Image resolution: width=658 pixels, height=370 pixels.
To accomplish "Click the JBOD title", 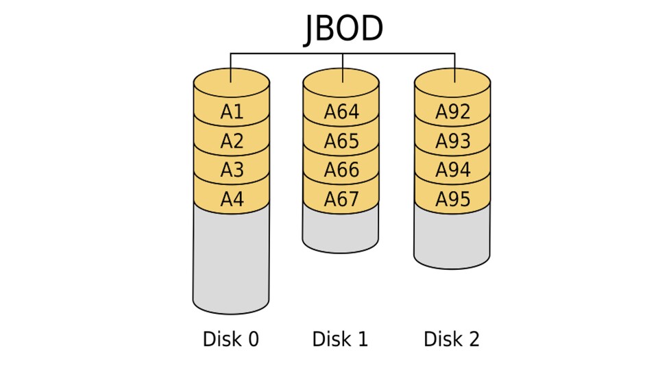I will (x=343, y=29).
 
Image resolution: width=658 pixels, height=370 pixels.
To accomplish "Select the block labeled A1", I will (x=232, y=112).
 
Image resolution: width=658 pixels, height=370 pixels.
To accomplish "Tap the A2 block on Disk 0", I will (x=232, y=142).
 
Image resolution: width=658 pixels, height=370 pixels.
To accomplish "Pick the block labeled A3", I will (x=232, y=171).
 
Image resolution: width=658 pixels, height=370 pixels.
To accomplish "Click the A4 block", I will (x=232, y=200).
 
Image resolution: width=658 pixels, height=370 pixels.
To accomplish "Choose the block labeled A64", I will (x=341, y=112).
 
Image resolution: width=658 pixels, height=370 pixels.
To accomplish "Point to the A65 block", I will (x=341, y=142).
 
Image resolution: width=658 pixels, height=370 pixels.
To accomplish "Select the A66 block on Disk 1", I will (x=341, y=171).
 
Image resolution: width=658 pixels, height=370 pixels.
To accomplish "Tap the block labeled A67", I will (x=341, y=200).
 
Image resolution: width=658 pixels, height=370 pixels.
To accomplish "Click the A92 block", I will (x=452, y=112).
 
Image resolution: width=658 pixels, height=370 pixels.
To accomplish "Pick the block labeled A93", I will (x=452, y=142).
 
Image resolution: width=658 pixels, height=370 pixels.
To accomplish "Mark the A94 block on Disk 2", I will (x=452, y=171).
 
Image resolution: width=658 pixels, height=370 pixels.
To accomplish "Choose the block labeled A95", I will (x=452, y=200).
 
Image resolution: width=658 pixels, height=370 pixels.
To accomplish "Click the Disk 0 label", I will (x=231, y=339).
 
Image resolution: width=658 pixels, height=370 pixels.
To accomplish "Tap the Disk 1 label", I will (x=340, y=339).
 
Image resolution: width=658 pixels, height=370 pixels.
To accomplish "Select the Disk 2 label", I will (x=452, y=339).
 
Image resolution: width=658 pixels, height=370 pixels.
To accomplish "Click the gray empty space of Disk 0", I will (x=231, y=260).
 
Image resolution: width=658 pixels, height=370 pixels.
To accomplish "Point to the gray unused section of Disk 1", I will (x=341, y=230).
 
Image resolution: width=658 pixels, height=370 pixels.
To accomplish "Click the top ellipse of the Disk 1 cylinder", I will (x=341, y=81).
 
